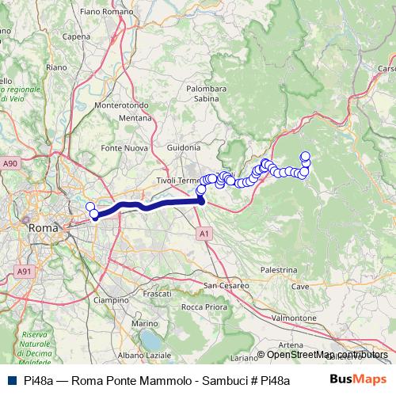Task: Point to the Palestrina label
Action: coord(277,269)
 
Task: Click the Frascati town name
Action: coord(156,294)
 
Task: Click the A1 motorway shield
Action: coord(204,234)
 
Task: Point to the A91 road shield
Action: coord(25,271)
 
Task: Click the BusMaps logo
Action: coord(357,379)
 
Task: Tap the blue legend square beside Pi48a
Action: coord(10,380)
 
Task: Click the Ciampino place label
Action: coord(111,300)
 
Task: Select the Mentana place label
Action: coord(135,118)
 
